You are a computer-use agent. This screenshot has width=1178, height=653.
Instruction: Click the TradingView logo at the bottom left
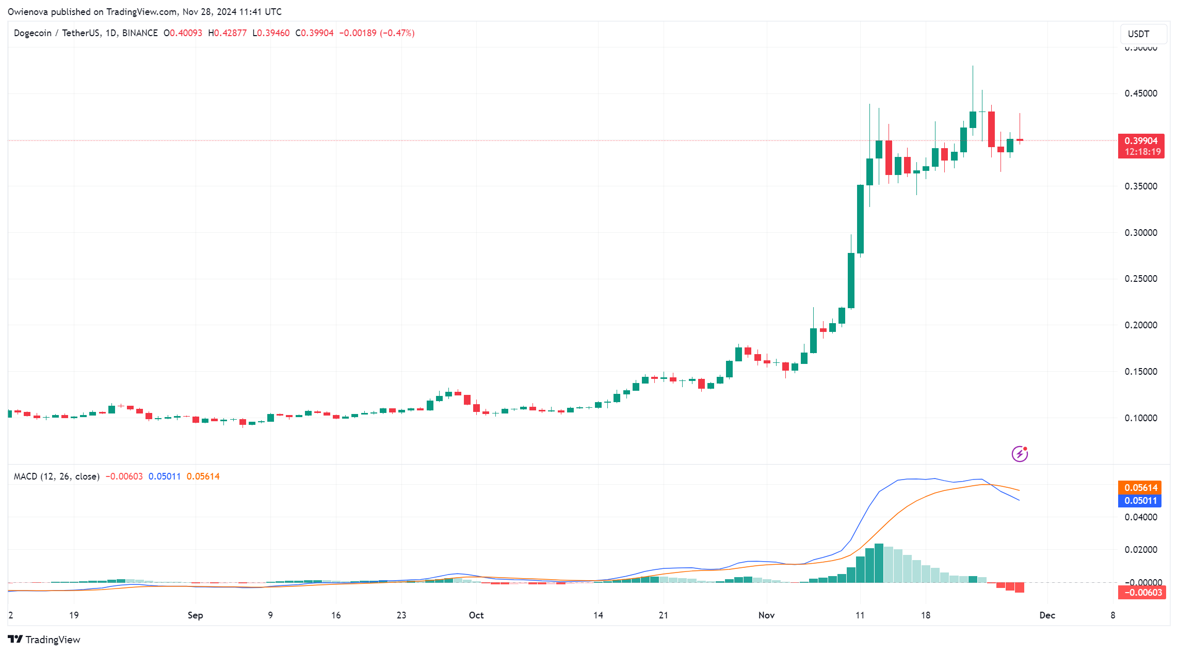(44, 640)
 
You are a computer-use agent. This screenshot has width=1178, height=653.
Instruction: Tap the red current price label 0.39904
(1141, 141)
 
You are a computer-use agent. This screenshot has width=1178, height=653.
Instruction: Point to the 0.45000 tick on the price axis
(1140, 93)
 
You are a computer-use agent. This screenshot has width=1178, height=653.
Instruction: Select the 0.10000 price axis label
(1140, 418)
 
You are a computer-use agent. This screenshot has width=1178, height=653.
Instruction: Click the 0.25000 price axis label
(1140, 279)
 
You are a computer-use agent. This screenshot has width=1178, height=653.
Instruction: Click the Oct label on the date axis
(476, 615)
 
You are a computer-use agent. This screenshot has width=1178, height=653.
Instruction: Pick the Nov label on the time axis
(766, 615)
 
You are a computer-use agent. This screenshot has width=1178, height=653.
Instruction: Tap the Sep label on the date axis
(195, 615)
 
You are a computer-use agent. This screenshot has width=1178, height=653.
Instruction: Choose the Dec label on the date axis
(1047, 615)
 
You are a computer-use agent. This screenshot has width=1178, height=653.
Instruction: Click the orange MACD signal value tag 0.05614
(1140, 488)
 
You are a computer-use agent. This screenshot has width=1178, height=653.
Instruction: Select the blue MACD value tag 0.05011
(1140, 501)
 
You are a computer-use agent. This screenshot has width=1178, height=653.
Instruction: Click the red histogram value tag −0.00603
(1141, 593)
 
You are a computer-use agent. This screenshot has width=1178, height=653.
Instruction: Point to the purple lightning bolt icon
(1020, 454)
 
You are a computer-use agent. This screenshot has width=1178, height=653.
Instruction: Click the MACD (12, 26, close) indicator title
(57, 476)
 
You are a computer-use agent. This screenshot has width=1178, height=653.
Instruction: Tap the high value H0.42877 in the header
(227, 33)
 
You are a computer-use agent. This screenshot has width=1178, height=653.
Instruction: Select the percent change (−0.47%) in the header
(397, 33)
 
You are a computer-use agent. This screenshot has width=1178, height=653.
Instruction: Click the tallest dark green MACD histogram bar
(879, 563)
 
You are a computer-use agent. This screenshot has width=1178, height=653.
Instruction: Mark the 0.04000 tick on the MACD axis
(1140, 517)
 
